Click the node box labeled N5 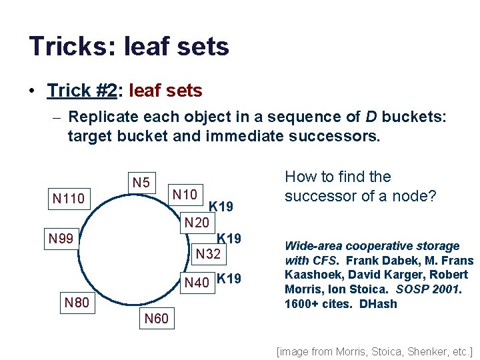click(x=141, y=181)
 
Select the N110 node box click(x=69, y=198)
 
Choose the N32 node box click(x=208, y=253)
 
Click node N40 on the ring click(x=197, y=282)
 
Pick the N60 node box click(x=157, y=319)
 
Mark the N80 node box click(x=77, y=303)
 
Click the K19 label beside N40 click(x=229, y=279)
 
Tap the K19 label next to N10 click(x=221, y=207)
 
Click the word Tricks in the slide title click(x=63, y=46)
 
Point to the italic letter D click(x=371, y=117)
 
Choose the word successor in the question click(x=317, y=196)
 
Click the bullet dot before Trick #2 click(x=33, y=90)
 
